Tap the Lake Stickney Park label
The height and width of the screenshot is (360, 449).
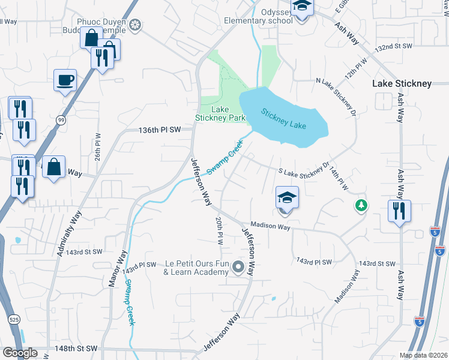click(x=220, y=113)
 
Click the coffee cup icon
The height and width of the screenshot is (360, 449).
click(x=65, y=80)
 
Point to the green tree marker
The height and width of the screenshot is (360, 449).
click(x=361, y=206)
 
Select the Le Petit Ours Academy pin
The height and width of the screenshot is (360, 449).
click(x=239, y=268)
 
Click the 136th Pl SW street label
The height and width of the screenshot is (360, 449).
click(x=159, y=130)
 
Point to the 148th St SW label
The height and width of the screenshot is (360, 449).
click(x=77, y=348)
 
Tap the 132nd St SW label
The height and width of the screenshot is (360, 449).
click(x=394, y=46)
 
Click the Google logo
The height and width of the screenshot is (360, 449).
click(x=19, y=353)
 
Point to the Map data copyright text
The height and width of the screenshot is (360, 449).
click(x=423, y=355)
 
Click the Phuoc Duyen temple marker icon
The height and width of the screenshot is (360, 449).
click(x=136, y=25)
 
